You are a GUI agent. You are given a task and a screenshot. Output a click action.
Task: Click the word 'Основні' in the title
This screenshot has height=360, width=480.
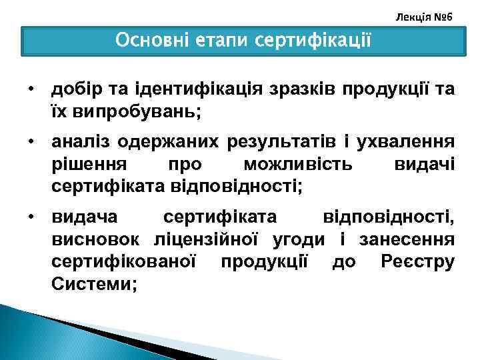(151, 41)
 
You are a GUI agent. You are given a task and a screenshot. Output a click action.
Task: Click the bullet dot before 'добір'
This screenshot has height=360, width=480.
(31, 89)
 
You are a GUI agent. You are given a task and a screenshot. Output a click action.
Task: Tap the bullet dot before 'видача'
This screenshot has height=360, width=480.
(31, 217)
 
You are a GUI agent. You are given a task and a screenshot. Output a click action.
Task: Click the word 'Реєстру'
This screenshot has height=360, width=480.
(418, 261)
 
